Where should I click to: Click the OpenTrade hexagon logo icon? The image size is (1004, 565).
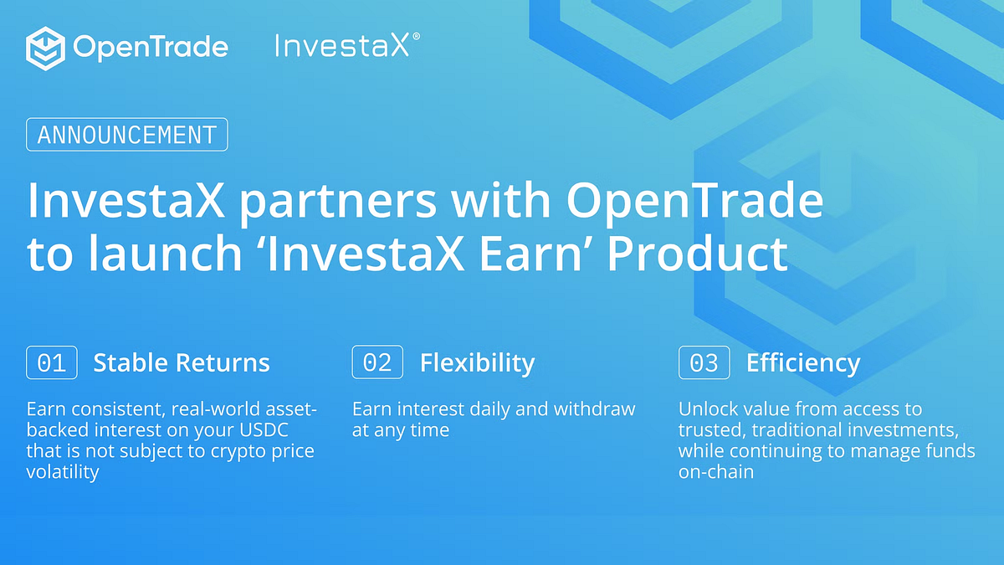tap(46, 47)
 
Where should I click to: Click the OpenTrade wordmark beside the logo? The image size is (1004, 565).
tap(151, 47)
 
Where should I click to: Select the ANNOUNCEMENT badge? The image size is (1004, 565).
tap(127, 135)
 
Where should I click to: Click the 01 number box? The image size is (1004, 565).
tap(52, 362)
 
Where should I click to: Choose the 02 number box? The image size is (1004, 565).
tap(377, 362)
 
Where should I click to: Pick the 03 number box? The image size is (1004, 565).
tap(704, 362)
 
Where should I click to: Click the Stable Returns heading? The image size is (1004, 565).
tap(182, 362)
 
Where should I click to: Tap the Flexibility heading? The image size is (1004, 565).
tap(477, 362)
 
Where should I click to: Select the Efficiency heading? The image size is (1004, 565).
tap(803, 362)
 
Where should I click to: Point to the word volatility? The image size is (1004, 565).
tap(63, 472)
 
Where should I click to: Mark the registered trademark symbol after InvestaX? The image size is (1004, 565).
tap(416, 37)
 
